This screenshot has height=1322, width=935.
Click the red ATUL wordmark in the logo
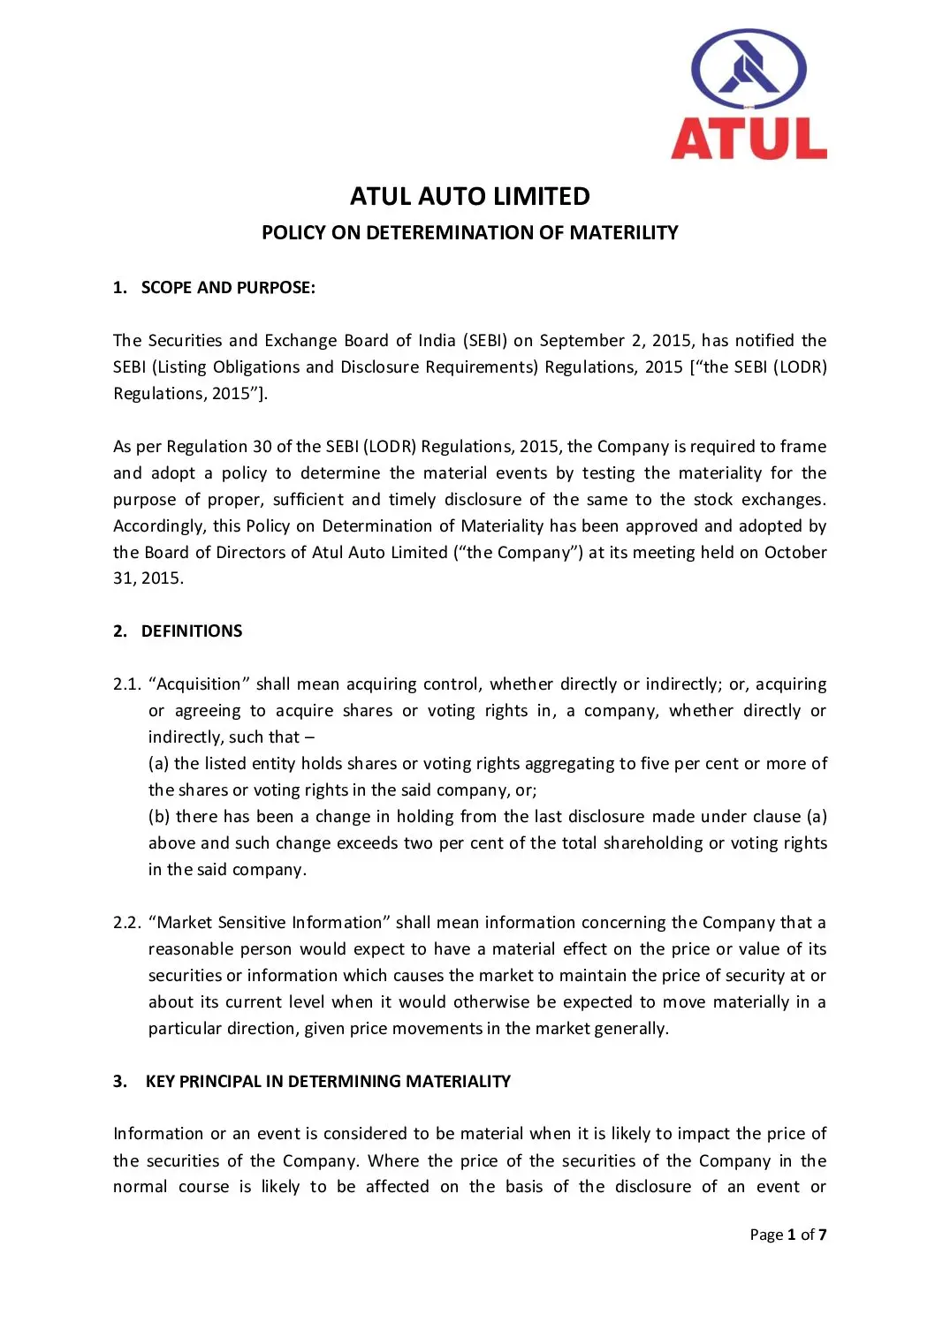749,139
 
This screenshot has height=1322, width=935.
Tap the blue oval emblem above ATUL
749,70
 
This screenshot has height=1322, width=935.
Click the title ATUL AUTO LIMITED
469,196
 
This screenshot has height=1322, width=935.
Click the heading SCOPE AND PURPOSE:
228,288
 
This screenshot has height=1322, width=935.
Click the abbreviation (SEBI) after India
485,341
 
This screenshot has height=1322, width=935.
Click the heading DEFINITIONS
192,631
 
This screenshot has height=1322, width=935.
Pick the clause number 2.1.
127,684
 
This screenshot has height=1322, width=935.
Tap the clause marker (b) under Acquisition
159,817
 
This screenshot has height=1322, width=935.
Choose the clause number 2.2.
127,923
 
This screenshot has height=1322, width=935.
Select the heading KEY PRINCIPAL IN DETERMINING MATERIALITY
328,1082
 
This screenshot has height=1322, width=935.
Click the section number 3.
119,1082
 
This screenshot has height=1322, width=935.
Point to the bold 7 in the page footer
823,1235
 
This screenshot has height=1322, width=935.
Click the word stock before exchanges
712,500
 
